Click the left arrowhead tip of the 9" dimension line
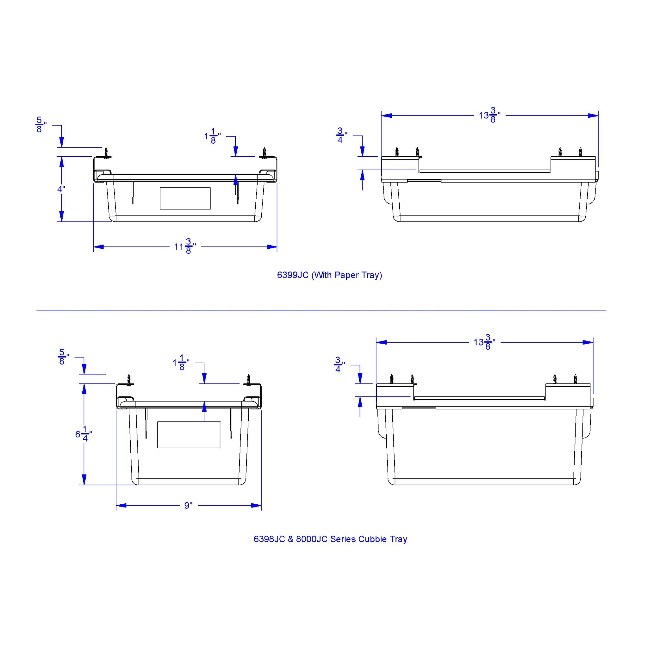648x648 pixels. pyautogui.click(x=116, y=505)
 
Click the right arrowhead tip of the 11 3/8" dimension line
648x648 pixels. pyautogui.click(x=277, y=247)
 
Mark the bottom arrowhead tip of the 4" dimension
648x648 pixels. pyautogui.click(x=61, y=221)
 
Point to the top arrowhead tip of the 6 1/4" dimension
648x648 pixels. pyautogui.click(x=84, y=384)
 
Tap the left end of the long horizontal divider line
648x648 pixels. pyautogui.click(x=37, y=310)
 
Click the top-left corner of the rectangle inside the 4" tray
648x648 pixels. pyautogui.click(x=160, y=188)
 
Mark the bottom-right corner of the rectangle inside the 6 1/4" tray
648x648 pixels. pyautogui.click(x=220, y=448)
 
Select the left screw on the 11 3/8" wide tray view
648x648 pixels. pyautogui.click(x=106, y=153)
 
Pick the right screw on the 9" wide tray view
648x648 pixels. pyautogui.click(x=248, y=380)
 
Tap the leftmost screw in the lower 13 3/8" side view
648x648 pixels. pyautogui.click(x=392, y=379)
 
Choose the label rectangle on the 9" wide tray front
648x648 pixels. pyautogui.click(x=189, y=435)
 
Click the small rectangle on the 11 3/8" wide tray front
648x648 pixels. pyautogui.click(x=185, y=199)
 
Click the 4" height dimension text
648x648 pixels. pyautogui.click(x=61, y=189)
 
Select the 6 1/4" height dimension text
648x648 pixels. pyautogui.click(x=84, y=434)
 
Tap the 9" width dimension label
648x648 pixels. pyautogui.click(x=189, y=505)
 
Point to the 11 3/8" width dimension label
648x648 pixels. pyautogui.click(x=185, y=246)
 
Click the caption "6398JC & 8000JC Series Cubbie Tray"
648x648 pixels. pyautogui.click(x=330, y=539)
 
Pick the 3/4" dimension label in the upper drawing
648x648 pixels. pyautogui.click(x=341, y=135)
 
